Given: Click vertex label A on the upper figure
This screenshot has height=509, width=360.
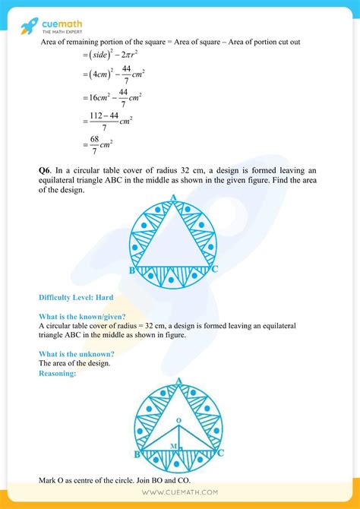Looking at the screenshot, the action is point(174,198).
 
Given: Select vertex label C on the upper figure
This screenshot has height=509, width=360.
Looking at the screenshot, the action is point(216,269).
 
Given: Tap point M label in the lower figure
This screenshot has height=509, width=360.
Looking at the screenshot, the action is point(173,446).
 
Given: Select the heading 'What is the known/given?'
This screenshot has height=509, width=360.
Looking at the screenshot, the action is point(82,316).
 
